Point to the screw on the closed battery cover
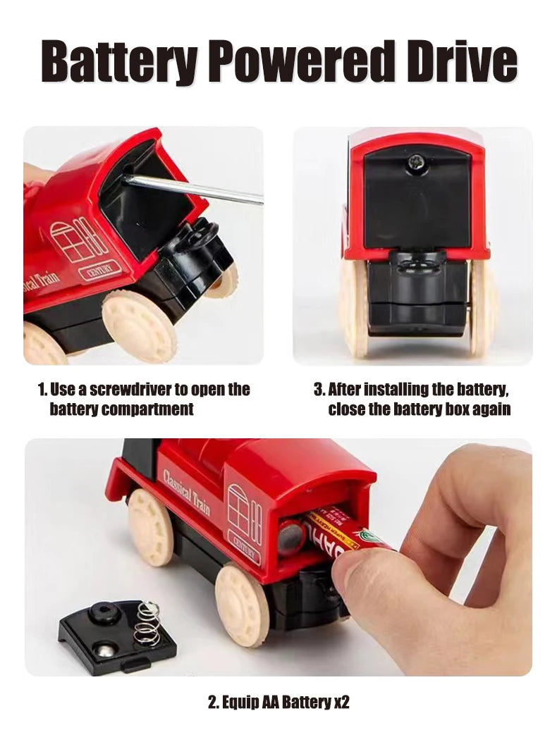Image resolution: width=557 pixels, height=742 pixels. (x=416, y=161)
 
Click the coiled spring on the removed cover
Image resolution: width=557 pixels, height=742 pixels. (x=147, y=623)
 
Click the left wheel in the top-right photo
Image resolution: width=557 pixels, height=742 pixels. (x=354, y=307)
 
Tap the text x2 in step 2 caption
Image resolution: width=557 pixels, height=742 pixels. (x=341, y=702)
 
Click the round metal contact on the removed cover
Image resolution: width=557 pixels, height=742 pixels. (x=106, y=650)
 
